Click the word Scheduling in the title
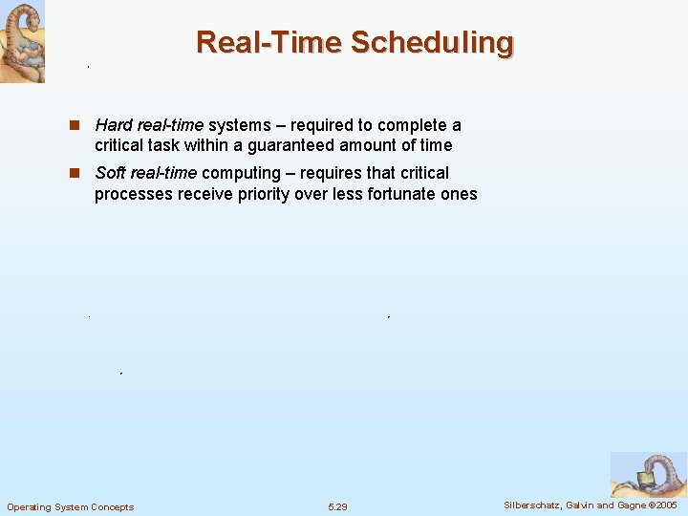(x=432, y=43)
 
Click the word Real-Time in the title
(x=269, y=43)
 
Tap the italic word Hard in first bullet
(x=114, y=126)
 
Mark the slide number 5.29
(x=338, y=506)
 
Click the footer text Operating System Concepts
(x=71, y=506)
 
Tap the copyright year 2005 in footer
(x=665, y=505)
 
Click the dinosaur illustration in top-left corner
(x=22, y=41)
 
